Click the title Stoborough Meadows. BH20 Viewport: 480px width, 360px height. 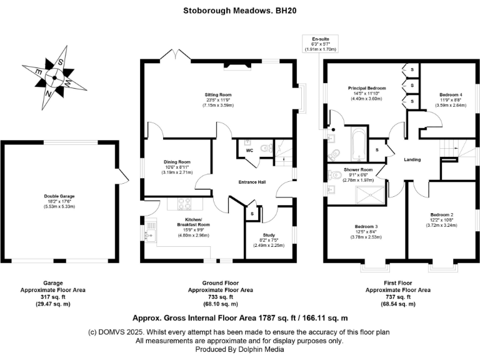[x=239, y=10]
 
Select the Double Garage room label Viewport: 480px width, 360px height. [x=59, y=195]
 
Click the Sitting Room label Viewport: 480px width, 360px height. [x=217, y=95]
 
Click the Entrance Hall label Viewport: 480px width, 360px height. [x=254, y=182]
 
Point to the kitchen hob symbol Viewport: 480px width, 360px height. [x=184, y=203]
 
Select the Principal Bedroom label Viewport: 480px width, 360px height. [x=367, y=88]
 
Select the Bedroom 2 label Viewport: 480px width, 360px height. [x=442, y=214]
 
